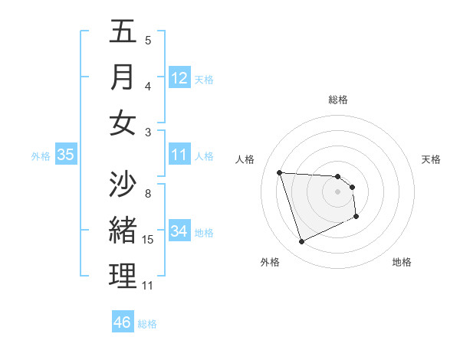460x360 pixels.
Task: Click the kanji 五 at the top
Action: coord(123,32)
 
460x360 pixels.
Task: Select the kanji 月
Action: coord(123,77)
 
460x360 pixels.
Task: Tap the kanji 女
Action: coord(123,123)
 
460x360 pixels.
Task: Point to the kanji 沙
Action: coord(123,185)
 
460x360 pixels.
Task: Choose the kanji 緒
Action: coord(123,231)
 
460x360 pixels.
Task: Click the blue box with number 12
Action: coord(179,78)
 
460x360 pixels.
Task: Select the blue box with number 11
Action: coord(179,155)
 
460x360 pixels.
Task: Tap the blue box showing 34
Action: coord(179,231)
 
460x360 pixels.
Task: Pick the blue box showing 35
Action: coord(66,155)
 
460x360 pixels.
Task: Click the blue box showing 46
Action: coord(122,322)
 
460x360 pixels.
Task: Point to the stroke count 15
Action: coord(149,240)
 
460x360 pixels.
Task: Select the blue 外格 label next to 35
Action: coord(41,155)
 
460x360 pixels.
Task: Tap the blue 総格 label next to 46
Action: coord(147,324)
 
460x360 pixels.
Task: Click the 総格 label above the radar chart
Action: coord(338,100)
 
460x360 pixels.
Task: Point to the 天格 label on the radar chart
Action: coord(431,159)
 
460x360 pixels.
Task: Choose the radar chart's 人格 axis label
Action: coord(245,159)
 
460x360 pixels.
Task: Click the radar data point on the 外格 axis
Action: coord(301,242)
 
